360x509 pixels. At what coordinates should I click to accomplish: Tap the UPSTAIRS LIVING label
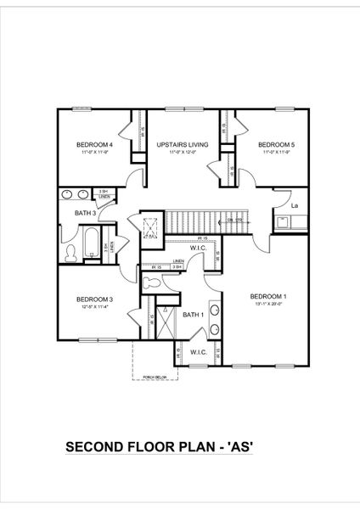click(177, 145)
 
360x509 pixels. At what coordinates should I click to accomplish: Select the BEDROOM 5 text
click(276, 145)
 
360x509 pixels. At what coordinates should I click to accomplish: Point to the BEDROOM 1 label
click(268, 296)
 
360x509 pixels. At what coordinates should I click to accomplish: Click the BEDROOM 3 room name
click(94, 299)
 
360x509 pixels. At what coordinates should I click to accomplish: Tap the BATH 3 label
click(87, 213)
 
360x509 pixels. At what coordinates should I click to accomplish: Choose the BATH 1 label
click(194, 315)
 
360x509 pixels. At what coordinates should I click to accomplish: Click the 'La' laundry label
click(295, 205)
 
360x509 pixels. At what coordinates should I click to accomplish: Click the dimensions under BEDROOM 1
click(268, 304)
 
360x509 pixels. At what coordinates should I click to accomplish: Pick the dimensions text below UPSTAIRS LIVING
click(177, 153)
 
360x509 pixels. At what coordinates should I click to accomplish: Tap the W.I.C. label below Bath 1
click(199, 351)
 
